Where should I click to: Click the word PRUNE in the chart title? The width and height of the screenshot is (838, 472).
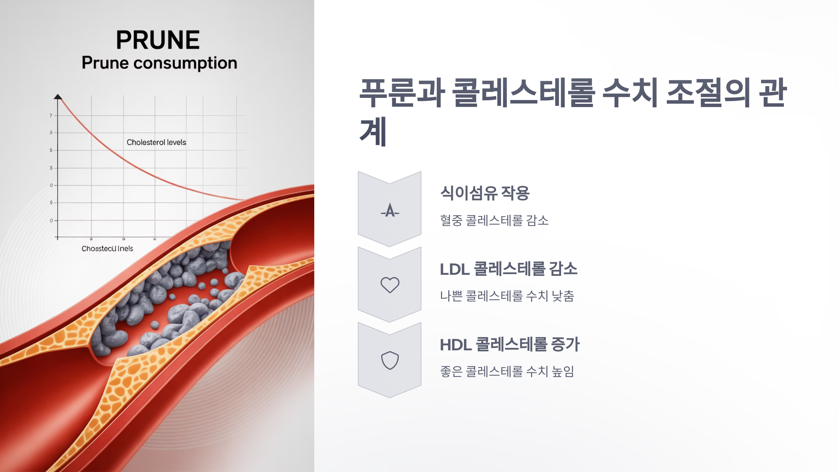158,40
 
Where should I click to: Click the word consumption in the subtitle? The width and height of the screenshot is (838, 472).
185,63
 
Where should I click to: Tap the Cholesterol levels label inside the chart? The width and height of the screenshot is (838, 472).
156,142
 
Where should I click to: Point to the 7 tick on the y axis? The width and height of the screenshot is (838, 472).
51,115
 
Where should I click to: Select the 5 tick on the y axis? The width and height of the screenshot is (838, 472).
51,150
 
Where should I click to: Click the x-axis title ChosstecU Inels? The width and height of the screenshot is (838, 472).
107,249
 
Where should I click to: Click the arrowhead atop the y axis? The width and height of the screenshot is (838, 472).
58,97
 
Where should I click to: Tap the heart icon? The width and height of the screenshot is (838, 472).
390,285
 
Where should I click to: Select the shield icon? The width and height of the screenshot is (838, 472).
390,360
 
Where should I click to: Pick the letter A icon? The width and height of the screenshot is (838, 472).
390,210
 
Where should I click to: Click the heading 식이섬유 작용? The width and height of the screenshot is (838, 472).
485,193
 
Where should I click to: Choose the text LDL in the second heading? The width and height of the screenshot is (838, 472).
454,269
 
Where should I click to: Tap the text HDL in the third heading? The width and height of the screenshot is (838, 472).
455,345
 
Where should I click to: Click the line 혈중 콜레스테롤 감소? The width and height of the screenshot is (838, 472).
494,221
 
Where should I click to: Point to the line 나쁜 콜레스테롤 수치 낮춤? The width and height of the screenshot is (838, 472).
507,296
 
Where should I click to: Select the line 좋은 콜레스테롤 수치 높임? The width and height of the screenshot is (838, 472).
507,371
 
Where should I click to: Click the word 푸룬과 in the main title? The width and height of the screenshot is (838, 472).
402,93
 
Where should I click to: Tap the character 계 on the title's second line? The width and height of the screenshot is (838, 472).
373,132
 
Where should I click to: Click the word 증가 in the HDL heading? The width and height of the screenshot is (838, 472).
565,344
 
